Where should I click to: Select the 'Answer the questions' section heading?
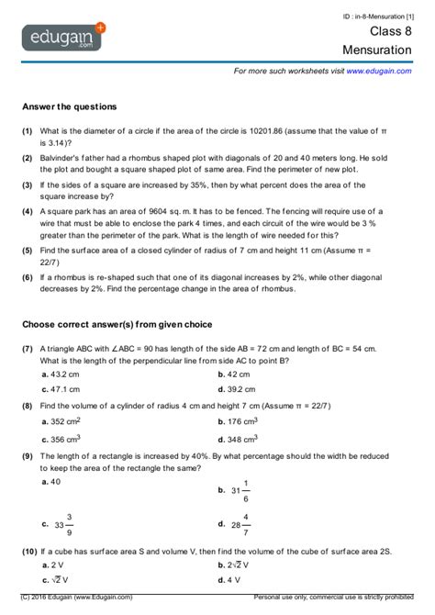pos(69,106)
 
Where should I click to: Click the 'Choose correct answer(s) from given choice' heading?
pos(117,324)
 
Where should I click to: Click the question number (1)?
pos(28,132)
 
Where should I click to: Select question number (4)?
pos(28,211)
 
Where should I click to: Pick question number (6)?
pos(28,275)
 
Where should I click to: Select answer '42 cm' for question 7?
pos(237,375)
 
